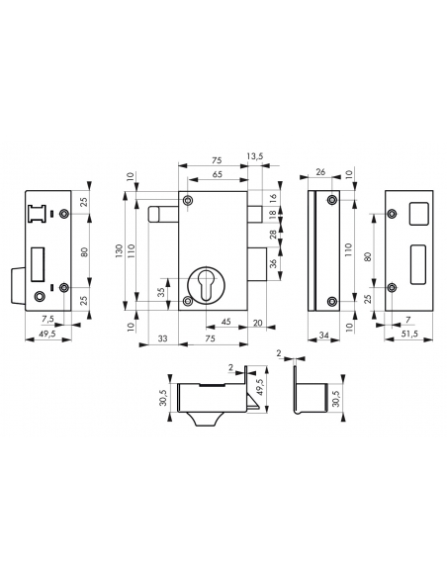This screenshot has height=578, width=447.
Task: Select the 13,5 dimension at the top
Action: tap(256, 154)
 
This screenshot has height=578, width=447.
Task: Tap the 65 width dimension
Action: tap(217, 174)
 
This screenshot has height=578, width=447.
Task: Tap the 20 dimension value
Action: tap(258, 322)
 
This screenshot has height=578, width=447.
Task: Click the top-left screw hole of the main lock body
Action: tap(190, 202)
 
